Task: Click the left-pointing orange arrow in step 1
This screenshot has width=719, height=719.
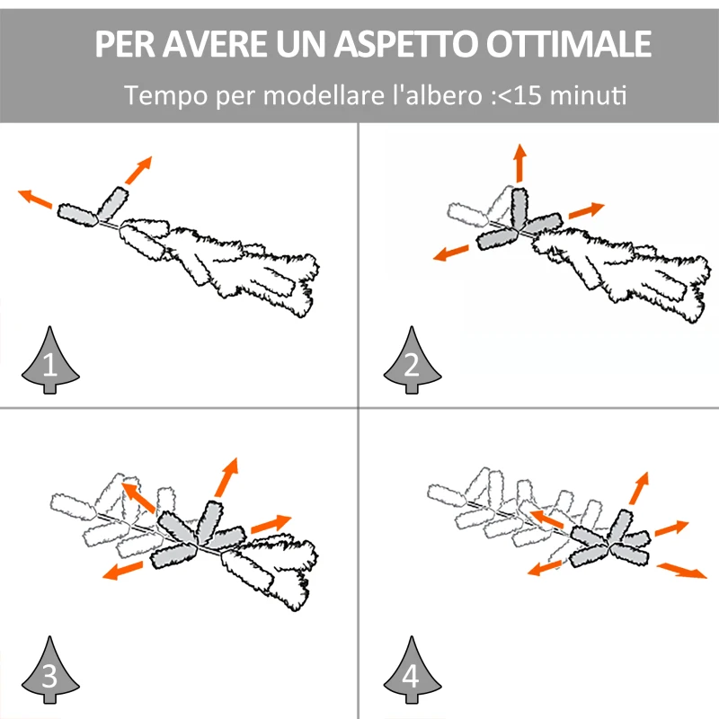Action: click(x=35, y=199)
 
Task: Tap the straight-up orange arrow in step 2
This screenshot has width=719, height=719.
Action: click(x=519, y=162)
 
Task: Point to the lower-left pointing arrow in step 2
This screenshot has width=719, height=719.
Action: click(x=451, y=253)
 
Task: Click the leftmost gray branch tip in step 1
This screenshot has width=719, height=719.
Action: click(x=76, y=213)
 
